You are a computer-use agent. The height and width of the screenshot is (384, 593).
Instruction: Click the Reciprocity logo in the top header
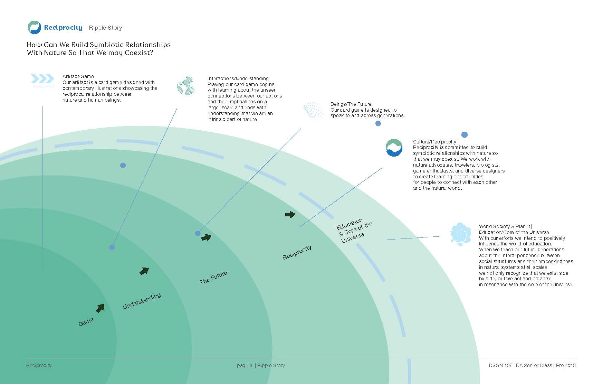[x=35, y=27]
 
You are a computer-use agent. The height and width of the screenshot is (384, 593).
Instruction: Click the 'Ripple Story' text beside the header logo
[x=106, y=28]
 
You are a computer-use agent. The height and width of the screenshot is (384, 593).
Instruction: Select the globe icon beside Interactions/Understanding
[x=185, y=86]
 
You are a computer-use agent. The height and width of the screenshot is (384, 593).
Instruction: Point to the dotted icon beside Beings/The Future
[x=313, y=110]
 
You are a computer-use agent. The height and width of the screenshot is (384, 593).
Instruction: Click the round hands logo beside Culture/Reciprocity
[x=394, y=148]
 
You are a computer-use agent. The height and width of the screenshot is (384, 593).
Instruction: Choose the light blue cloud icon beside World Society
[x=460, y=234]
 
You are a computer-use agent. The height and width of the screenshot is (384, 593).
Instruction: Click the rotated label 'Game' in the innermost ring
[x=86, y=322]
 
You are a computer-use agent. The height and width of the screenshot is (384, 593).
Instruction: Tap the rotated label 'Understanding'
[x=142, y=301]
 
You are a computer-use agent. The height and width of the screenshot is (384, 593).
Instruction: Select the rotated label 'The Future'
[x=213, y=278]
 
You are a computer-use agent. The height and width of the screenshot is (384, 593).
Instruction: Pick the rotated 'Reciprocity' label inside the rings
[x=297, y=252]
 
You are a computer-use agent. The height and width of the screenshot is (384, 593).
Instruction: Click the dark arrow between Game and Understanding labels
[x=100, y=308]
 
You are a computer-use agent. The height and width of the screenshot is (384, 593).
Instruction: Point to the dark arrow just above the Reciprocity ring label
[x=290, y=214]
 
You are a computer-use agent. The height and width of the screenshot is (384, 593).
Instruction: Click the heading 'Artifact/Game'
[x=78, y=76]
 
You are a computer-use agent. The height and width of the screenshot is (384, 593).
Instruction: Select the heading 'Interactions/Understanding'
[x=238, y=78]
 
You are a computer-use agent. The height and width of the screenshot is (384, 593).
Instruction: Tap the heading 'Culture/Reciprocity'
[x=434, y=142]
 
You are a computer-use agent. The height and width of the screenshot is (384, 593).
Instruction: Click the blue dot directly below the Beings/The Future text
[x=378, y=123]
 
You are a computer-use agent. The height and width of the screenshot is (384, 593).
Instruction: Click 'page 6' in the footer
[x=245, y=365]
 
